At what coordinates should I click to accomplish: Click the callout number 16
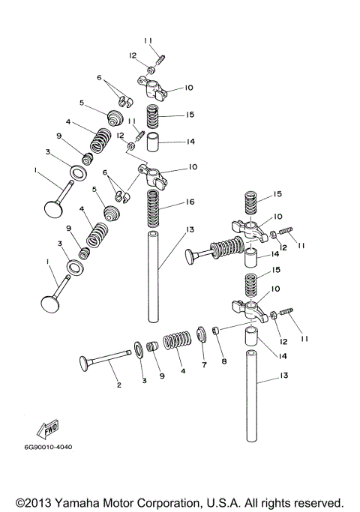click(x=188, y=202)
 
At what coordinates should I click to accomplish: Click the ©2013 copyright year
click(x=36, y=502)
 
